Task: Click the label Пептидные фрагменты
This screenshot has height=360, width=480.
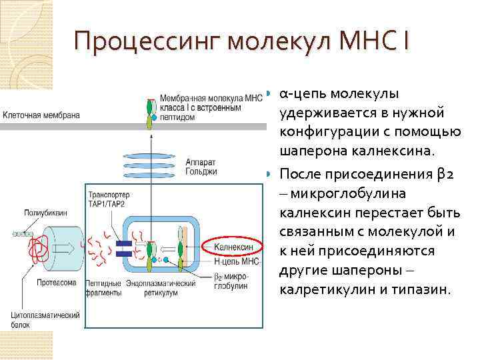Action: tap(103, 287)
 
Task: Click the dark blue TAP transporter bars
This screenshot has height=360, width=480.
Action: tap(123, 249)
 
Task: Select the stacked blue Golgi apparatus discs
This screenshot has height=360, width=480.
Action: tap(151, 161)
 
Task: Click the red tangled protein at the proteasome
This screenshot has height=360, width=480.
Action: tap(36, 247)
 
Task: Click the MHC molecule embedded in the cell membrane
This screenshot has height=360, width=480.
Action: tap(151, 113)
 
